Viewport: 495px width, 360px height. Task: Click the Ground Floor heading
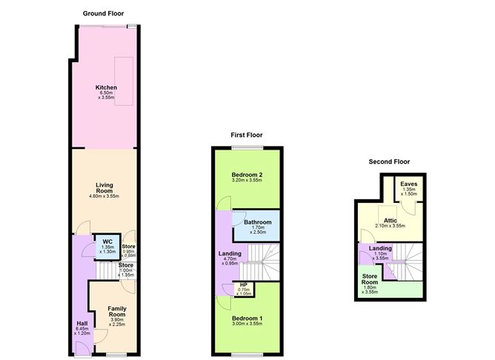coord(104,13)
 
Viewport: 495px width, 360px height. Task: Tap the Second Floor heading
coord(389,161)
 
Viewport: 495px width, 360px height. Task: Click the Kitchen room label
coord(106,87)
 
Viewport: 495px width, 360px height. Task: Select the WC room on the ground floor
coord(107,242)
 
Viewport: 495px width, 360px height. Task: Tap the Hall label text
coord(80,323)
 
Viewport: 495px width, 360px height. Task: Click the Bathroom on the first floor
coord(257,222)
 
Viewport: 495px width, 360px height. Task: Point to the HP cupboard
coord(243,285)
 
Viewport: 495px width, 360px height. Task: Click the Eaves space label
coord(408,184)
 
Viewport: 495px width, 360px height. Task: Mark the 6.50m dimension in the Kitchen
coord(106,93)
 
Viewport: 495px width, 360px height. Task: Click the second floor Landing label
coord(381,249)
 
